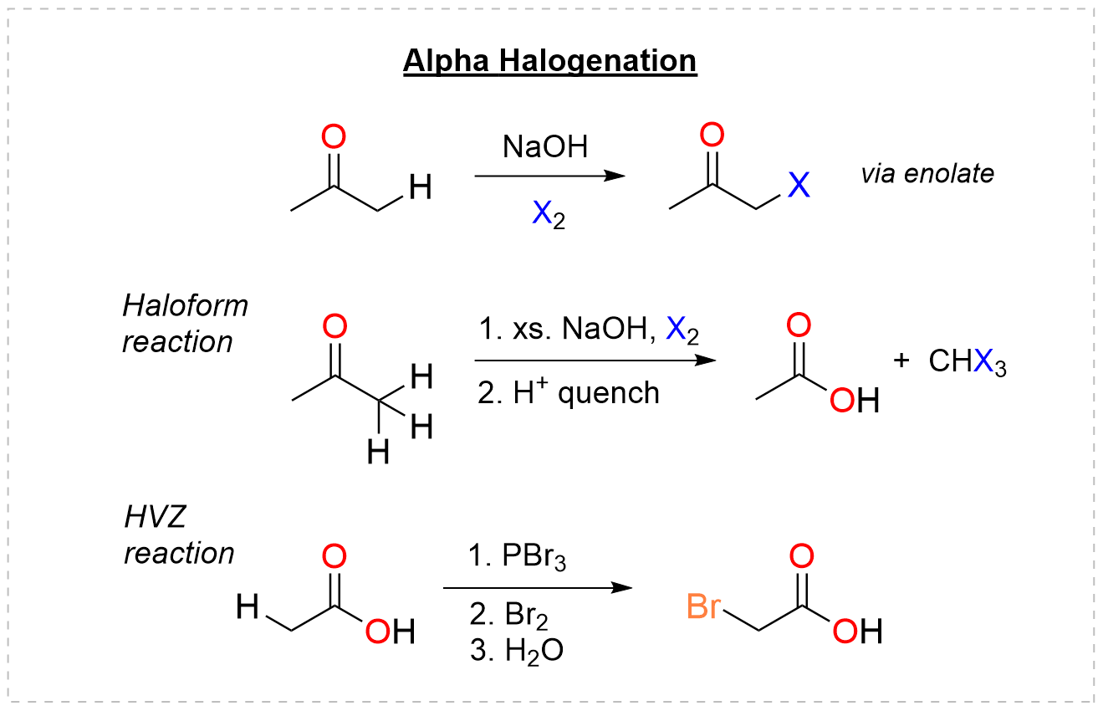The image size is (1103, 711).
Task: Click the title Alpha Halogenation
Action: [549, 62]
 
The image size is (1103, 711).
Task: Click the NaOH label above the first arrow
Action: [546, 147]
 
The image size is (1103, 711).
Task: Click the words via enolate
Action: [927, 173]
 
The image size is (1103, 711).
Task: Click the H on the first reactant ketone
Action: [421, 189]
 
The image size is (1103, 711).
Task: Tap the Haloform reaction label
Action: [185, 324]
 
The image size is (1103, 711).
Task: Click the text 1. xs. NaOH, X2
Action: [589, 331]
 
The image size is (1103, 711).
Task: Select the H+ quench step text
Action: [569, 391]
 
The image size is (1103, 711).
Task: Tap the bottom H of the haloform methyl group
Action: [379, 453]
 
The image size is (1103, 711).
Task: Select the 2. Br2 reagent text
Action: [509, 616]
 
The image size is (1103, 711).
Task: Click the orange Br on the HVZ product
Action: [703, 607]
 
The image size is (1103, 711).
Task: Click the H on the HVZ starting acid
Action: [248, 606]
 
